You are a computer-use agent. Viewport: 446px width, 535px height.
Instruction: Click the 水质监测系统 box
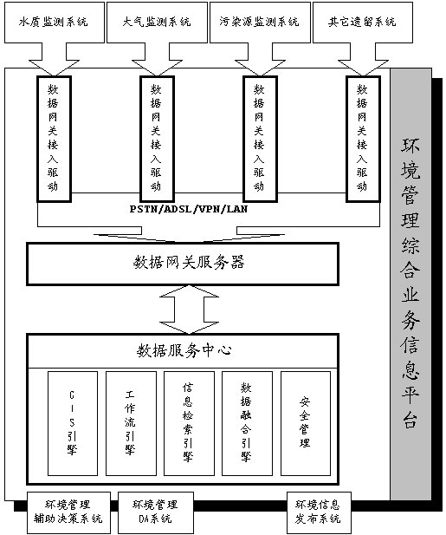55,23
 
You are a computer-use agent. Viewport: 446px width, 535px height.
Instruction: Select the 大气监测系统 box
157,23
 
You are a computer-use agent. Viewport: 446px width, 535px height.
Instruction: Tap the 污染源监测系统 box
260,23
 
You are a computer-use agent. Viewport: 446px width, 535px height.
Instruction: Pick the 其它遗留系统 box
363,23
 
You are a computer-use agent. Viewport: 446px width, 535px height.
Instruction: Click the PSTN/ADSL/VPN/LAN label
189,209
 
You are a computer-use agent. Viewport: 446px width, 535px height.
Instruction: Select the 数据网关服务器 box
183,264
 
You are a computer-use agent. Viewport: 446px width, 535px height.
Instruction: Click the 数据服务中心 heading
184,350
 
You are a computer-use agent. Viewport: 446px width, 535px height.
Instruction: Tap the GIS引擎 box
73,423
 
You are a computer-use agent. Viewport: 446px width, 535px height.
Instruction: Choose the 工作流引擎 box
131,423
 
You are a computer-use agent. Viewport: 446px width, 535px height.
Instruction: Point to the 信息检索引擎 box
189,423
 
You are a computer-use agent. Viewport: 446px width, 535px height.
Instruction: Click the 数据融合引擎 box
247,423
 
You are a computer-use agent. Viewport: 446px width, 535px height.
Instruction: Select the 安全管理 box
306,423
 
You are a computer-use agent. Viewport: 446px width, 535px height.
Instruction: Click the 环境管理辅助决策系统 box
68,512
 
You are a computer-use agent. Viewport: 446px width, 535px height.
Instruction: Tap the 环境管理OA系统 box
156,512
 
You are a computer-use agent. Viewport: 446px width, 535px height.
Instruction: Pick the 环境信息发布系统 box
319,512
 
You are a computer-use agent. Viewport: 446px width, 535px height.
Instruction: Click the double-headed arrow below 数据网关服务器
189,310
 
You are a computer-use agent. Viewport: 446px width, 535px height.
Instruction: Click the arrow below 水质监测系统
55,59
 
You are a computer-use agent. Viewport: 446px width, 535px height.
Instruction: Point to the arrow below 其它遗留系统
363,59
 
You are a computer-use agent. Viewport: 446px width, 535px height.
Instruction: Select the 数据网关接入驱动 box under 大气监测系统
157,139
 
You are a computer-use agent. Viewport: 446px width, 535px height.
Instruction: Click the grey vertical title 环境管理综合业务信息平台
410,284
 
